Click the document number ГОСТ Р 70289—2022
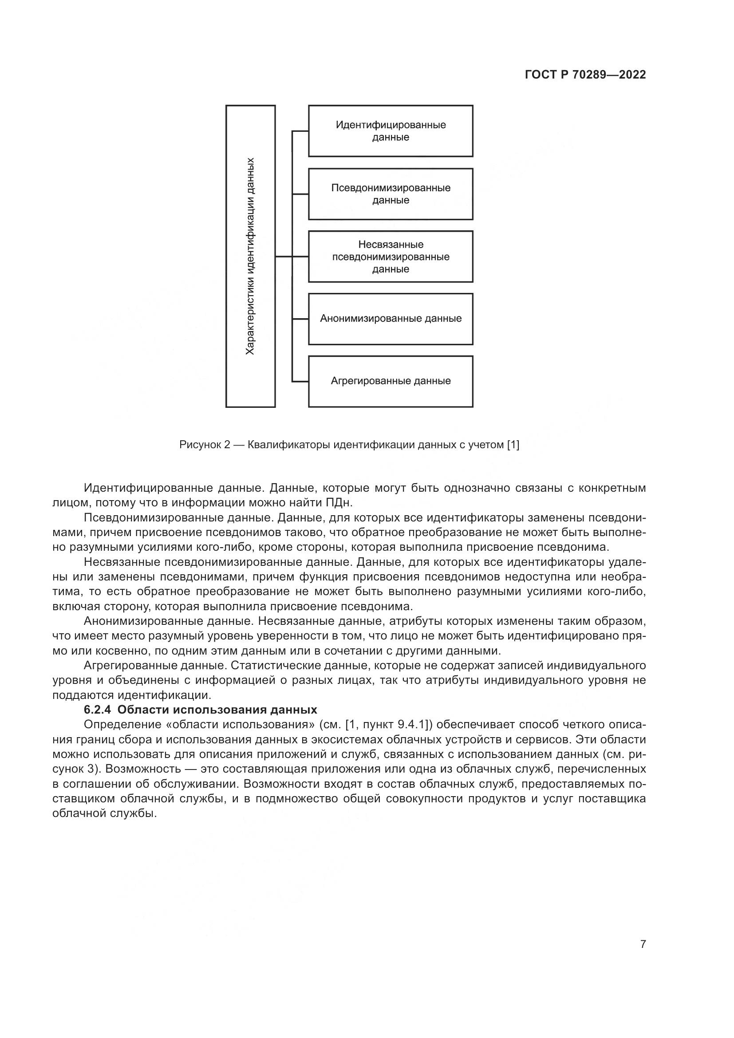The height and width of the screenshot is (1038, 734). (x=585, y=75)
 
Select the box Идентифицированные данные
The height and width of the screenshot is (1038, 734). (x=391, y=131)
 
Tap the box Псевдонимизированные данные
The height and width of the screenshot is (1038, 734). (x=391, y=194)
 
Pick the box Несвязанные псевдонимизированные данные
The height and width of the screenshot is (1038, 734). (x=391, y=257)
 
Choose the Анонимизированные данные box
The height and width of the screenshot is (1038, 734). (x=391, y=319)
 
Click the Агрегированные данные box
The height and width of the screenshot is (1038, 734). (x=391, y=381)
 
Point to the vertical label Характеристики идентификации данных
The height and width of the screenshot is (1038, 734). (x=250, y=257)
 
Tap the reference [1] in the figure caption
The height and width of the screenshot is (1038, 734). (x=513, y=445)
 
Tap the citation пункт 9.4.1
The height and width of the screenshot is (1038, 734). (x=393, y=724)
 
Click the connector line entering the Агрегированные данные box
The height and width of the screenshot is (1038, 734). (x=300, y=382)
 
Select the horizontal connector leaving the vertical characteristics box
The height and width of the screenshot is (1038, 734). (x=284, y=257)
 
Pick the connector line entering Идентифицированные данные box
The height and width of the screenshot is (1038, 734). (x=300, y=131)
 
